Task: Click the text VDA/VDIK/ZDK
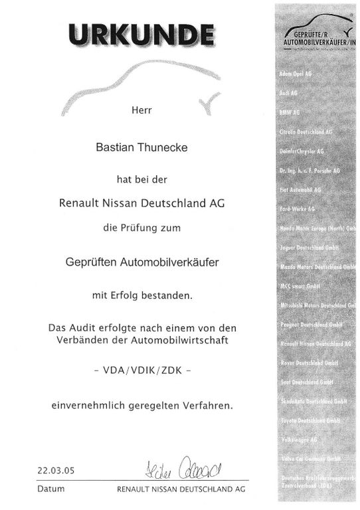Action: [x=143, y=372]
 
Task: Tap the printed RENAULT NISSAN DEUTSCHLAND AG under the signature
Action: [x=181, y=488]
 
